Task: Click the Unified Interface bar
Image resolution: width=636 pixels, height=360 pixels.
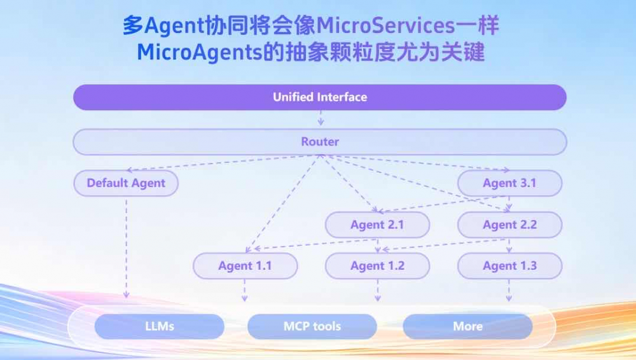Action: (320, 97)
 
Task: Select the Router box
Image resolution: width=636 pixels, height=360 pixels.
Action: (320, 142)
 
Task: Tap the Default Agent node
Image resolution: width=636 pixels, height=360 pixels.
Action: (126, 183)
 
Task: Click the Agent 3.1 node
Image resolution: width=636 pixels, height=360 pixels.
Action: (509, 183)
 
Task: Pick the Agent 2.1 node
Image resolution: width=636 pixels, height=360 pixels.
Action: (377, 225)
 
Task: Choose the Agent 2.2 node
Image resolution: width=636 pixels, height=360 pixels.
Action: (509, 225)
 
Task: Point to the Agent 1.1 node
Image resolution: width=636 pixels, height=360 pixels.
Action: (245, 266)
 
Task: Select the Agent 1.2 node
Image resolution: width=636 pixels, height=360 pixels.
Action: (377, 266)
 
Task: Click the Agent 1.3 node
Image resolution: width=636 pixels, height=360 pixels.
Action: (509, 266)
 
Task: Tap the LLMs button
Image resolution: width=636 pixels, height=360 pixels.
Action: (159, 326)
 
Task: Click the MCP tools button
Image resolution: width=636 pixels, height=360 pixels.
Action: (312, 326)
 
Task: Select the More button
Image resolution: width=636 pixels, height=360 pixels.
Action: (467, 326)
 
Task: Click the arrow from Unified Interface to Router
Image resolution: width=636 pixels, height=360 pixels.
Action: (321, 119)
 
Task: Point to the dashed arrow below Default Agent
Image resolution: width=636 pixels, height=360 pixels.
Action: (126, 248)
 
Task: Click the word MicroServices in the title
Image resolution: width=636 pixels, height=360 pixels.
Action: (385, 26)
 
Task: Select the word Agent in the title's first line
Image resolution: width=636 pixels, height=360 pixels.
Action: (169, 26)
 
